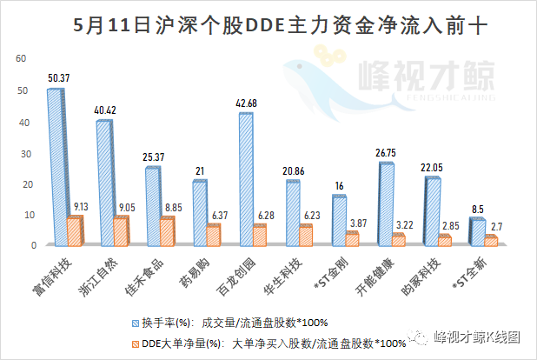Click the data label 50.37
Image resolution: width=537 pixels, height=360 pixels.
click(58, 77)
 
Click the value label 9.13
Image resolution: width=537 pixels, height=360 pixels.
click(81, 207)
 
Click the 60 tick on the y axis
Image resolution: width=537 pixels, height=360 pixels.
click(23, 59)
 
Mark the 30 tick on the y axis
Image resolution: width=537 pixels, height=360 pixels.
click(23, 153)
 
